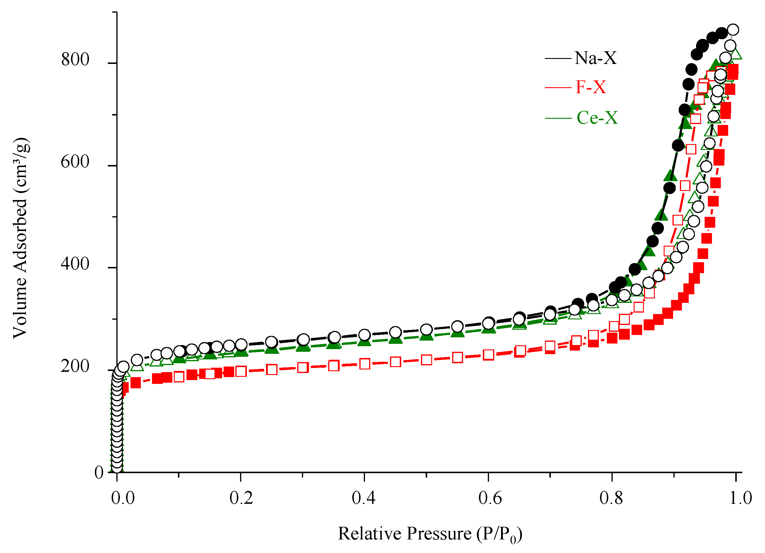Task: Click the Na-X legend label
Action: (x=595, y=58)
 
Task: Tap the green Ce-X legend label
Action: (x=597, y=118)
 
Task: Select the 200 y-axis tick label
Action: (x=75, y=366)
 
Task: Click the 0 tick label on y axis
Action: (x=99, y=472)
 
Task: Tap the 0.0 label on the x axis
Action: (x=123, y=498)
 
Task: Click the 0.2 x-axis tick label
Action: (x=241, y=498)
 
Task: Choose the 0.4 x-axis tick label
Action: (x=363, y=498)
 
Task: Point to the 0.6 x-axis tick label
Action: (x=490, y=498)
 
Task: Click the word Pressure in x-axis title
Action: (x=439, y=534)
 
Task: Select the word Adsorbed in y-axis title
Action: (x=20, y=235)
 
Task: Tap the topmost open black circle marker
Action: (x=733, y=30)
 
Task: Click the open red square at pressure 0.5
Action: (x=427, y=360)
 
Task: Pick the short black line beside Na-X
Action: (x=558, y=58)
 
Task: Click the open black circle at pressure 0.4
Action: (x=365, y=335)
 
